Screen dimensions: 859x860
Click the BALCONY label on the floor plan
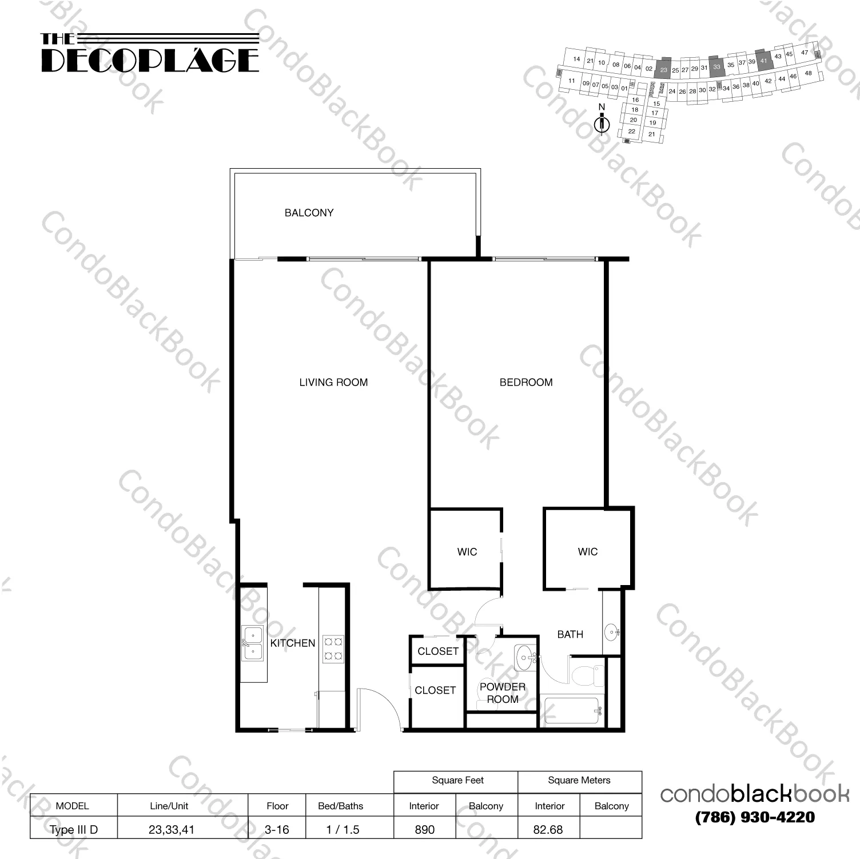click(x=309, y=213)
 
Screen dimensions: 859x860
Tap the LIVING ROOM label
click(x=333, y=383)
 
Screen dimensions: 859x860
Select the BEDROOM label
click(x=526, y=383)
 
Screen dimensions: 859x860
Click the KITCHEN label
click(x=292, y=643)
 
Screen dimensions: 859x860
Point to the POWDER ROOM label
click(x=502, y=693)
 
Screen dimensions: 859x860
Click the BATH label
click(x=570, y=634)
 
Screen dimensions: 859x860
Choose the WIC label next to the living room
click(x=467, y=552)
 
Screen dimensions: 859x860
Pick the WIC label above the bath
click(x=587, y=552)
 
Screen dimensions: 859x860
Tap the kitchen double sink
click(x=252, y=643)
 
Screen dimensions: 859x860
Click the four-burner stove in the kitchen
click(x=333, y=649)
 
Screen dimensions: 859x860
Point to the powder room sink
click(x=523, y=658)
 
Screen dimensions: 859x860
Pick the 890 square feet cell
click(x=424, y=829)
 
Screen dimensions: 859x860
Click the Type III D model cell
click(x=73, y=829)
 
